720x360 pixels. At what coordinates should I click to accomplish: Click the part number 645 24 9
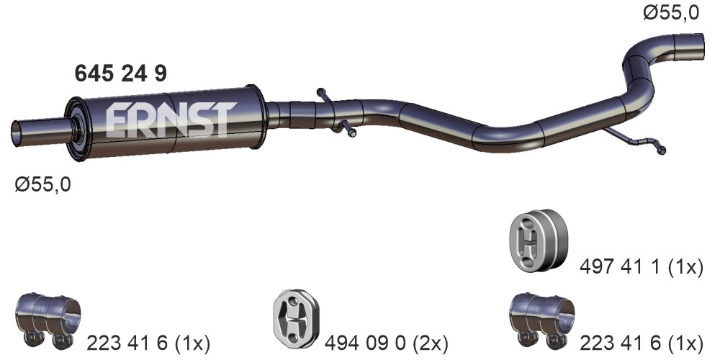120,73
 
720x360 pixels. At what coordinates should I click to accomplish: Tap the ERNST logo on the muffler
171,120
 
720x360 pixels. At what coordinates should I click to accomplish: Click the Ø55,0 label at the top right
671,13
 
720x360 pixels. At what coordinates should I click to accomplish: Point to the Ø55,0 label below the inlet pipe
42,185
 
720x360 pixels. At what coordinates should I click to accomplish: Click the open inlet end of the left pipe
16,134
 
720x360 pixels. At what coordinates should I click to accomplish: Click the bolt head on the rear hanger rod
661,150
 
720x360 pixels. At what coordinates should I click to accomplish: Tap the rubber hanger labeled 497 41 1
537,240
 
